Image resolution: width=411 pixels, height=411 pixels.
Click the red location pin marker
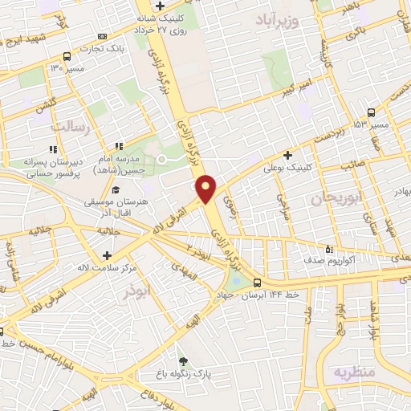(x=206, y=188)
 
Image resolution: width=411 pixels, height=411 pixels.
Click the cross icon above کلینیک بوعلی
(x=287, y=155)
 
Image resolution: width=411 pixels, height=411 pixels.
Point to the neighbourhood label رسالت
(x=67, y=127)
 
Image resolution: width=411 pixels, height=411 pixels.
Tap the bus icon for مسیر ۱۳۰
(x=66, y=57)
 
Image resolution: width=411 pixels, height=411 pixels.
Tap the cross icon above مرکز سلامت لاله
(x=107, y=254)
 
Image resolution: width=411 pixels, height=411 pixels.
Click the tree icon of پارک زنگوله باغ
(x=184, y=361)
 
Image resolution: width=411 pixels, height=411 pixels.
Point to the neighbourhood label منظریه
(x=354, y=372)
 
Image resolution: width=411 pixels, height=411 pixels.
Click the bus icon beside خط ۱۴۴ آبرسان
(x=258, y=283)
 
